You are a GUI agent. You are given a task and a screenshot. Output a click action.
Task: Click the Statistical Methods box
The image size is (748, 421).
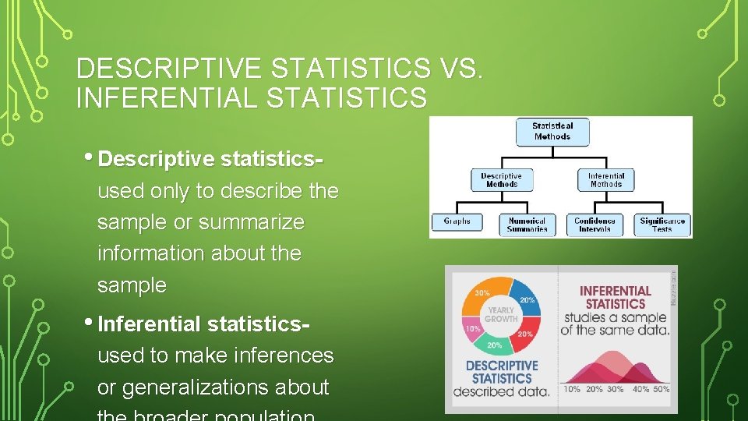pos(552,131)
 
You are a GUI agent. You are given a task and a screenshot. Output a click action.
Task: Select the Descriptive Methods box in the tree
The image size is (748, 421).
pos(501,179)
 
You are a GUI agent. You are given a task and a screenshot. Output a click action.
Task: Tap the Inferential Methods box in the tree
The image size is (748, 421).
pos(605,179)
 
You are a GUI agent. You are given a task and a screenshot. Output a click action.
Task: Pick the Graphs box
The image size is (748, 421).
pos(457,222)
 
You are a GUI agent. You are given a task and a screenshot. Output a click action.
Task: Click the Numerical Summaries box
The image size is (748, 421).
pos(527,225)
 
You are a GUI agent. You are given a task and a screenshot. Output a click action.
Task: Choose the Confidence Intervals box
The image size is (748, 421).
pos(595,225)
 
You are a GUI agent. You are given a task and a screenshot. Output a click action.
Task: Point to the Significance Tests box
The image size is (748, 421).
pos(662,225)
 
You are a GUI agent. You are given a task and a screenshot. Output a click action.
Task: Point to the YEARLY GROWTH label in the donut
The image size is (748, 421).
pos(501,313)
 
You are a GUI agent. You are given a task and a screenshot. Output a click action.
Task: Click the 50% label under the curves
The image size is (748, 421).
pos(661,389)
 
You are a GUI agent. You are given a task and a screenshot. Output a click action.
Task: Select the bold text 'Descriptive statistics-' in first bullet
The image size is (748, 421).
pos(211,159)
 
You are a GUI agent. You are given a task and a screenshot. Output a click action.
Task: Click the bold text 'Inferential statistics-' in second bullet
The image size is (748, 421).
pos(204,324)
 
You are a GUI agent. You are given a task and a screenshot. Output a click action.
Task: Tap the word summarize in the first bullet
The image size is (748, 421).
pos(251,222)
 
